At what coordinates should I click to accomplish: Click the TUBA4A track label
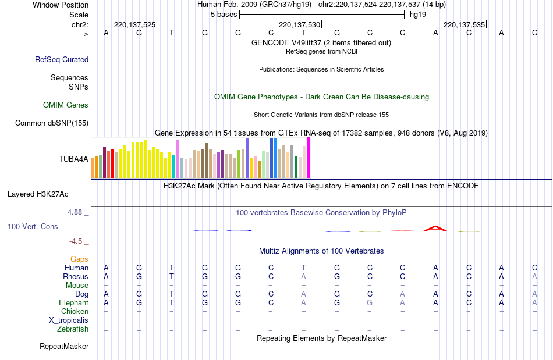73,158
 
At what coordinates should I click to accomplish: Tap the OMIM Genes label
66,105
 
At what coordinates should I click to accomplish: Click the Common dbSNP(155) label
52,123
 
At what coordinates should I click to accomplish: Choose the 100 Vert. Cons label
33,226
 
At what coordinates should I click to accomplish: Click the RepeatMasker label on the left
64,347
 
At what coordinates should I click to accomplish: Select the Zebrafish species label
73,329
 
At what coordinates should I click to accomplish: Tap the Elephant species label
73,302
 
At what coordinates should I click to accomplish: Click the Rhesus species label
76,276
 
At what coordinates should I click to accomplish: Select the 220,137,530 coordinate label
299,25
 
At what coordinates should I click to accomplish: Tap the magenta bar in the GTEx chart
308,158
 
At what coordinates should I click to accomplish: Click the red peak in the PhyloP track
435,229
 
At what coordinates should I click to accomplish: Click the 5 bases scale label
221,14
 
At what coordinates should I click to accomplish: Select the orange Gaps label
79,259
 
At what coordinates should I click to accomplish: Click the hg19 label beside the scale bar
417,14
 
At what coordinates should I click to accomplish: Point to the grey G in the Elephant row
370,302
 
